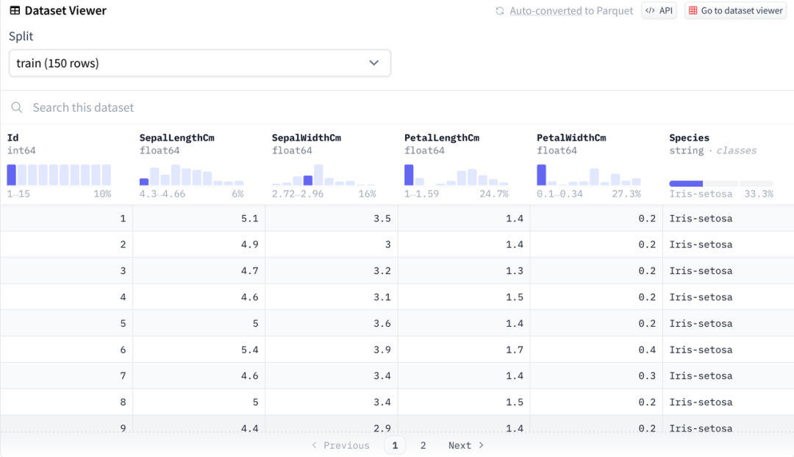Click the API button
click(x=659, y=11)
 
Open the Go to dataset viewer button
click(x=735, y=11)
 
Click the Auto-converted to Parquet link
click(x=571, y=11)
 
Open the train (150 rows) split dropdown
click(x=199, y=63)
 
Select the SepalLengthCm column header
click(x=177, y=138)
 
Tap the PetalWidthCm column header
click(x=571, y=138)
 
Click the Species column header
click(x=689, y=138)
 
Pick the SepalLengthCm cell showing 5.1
click(x=250, y=219)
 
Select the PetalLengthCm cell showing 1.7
click(x=515, y=350)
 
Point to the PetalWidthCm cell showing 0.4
click(x=647, y=350)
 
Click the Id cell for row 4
click(x=123, y=297)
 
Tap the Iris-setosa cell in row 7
click(x=701, y=376)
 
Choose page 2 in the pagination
click(x=423, y=445)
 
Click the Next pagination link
click(x=466, y=445)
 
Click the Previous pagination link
click(x=340, y=445)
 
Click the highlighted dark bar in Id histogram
click(x=12, y=175)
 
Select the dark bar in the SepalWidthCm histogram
click(x=308, y=180)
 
